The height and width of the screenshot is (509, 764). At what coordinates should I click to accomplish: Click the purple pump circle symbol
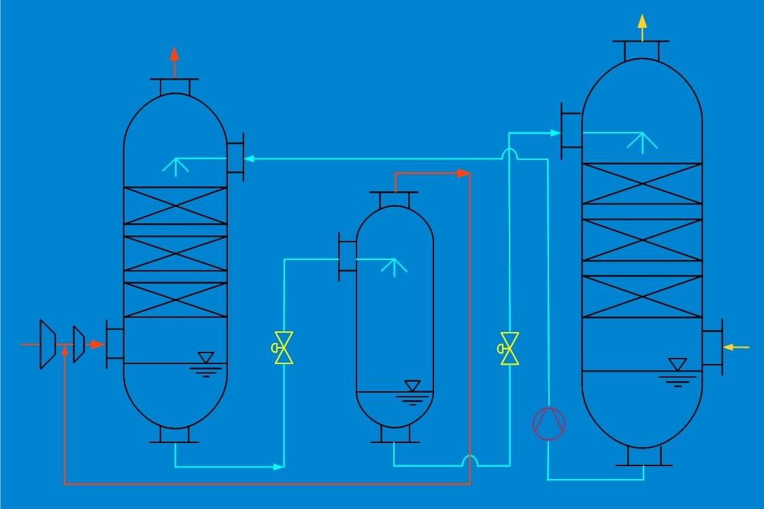(548, 423)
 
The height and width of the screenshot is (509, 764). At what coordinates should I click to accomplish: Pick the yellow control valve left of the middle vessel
(283, 348)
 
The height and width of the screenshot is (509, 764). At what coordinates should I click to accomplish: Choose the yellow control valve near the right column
(509, 348)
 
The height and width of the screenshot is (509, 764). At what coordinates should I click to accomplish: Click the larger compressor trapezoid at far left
(48, 344)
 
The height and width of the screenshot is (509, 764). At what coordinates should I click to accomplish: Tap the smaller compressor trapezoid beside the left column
(78, 344)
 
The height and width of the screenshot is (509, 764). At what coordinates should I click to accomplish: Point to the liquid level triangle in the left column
(205, 357)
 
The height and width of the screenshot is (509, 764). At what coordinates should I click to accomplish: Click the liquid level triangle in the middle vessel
(412, 386)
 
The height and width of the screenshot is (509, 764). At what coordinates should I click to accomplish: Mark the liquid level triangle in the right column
(676, 364)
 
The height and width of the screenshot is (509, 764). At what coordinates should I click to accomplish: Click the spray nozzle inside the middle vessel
(394, 265)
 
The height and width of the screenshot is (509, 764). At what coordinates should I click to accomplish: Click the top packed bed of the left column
(175, 206)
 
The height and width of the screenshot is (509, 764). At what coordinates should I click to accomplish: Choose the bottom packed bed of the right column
(642, 297)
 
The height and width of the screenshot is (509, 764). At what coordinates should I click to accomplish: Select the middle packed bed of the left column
(175, 253)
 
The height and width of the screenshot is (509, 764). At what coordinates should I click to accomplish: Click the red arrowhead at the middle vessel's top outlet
(464, 173)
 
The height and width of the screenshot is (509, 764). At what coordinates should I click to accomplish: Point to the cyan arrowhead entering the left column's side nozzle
(250, 159)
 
